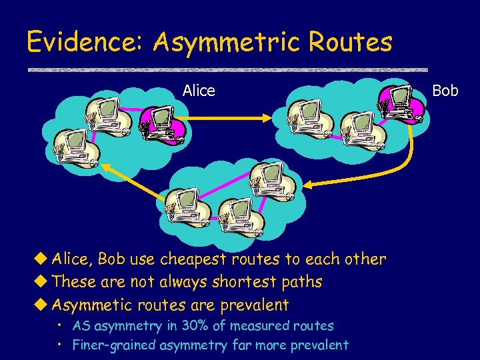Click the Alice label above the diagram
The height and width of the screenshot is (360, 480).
(x=199, y=91)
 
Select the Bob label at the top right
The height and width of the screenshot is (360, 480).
(x=445, y=90)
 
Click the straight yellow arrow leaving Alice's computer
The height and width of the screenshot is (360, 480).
(x=227, y=119)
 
